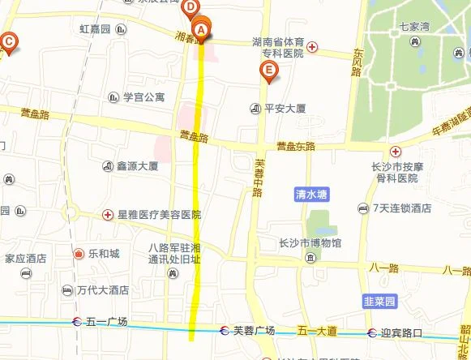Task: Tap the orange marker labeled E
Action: tap(269, 71)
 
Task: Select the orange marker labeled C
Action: tap(9, 41)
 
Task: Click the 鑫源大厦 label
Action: tap(136, 166)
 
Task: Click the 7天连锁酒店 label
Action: tap(402, 208)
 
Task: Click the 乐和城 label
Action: tap(104, 254)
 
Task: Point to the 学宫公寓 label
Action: tap(143, 97)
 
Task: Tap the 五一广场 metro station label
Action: tap(106, 321)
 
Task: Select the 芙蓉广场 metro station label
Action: tap(254, 331)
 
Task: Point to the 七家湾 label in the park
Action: tap(414, 26)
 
